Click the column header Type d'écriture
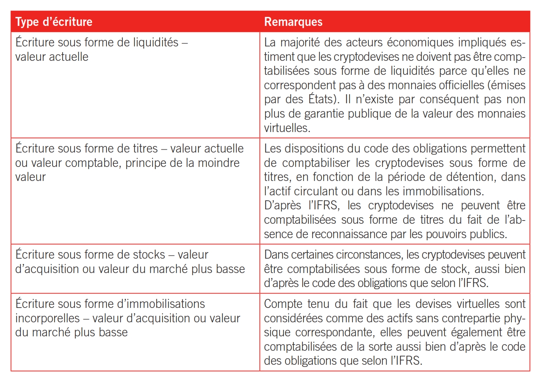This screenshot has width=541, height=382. coord(54,22)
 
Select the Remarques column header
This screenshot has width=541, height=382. coord(293,22)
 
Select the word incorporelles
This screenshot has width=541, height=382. coord(47,318)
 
